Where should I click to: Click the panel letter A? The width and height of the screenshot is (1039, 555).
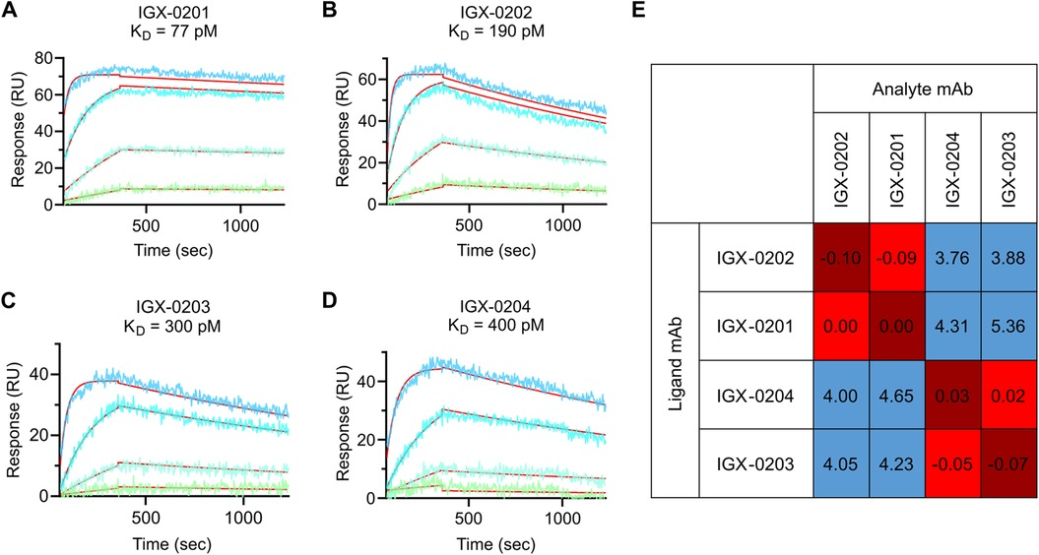(x=10, y=11)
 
